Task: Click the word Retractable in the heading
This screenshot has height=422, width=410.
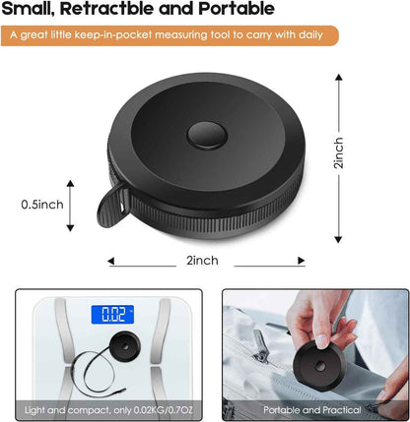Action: pyautogui.click(x=106, y=8)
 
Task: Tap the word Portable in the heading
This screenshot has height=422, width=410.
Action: pyautogui.click(x=237, y=8)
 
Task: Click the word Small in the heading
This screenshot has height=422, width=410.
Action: pyautogui.click(x=28, y=9)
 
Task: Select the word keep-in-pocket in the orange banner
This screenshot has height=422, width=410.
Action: pyautogui.click(x=113, y=34)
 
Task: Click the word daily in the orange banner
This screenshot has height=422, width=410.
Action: pyautogui.click(x=310, y=34)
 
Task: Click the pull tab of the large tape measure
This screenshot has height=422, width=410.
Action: pyautogui.click(x=112, y=208)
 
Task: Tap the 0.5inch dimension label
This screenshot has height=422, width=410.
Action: pyautogui.click(x=42, y=205)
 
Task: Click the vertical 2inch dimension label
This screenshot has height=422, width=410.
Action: pyautogui.click(x=338, y=152)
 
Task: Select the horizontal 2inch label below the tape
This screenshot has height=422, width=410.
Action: pyautogui.click(x=202, y=261)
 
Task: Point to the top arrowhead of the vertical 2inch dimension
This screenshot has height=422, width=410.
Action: pyautogui.click(x=339, y=77)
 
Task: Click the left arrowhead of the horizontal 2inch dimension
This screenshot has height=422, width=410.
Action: pyautogui.click(x=110, y=261)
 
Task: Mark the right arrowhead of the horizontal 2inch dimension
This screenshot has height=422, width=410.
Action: pyautogui.click(x=302, y=261)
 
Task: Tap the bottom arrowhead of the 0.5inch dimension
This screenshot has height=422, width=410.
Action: pyautogui.click(x=70, y=228)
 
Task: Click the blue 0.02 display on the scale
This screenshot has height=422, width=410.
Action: pyautogui.click(x=112, y=315)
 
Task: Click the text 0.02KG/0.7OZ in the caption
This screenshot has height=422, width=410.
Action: pyautogui.click(x=163, y=410)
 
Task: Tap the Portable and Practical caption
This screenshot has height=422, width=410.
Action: pyautogui.click(x=312, y=410)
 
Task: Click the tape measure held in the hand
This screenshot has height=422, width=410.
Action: pyautogui.click(x=319, y=366)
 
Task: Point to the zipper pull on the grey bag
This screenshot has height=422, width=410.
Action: pyautogui.click(x=261, y=348)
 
